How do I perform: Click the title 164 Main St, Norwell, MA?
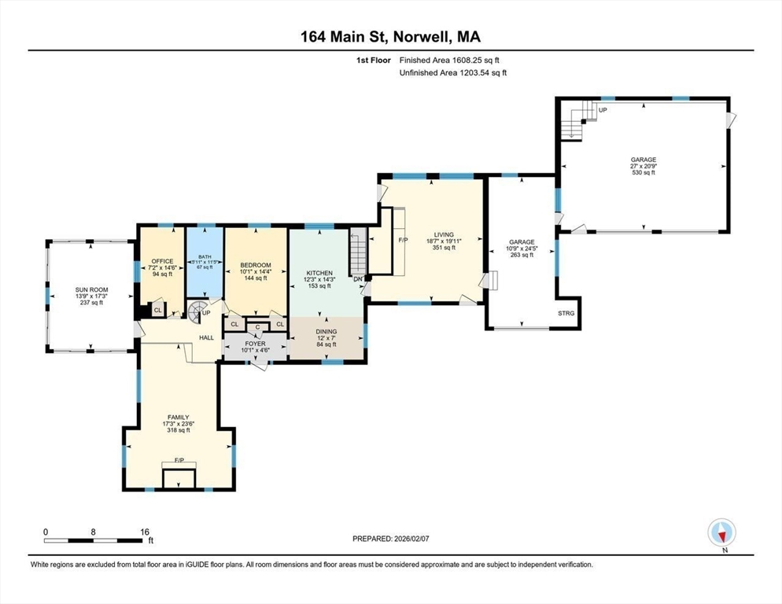point(391,36)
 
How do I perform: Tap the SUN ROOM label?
point(91,290)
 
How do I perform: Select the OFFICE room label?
point(161,261)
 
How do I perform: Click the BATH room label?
point(205,256)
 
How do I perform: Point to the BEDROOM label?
point(256,265)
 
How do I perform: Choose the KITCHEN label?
point(319,273)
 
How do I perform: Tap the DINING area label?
point(326,333)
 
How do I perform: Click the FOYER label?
point(256,343)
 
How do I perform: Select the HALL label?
point(206,337)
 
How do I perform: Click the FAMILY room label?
point(178,418)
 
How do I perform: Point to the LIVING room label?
point(444,234)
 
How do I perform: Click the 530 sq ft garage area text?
point(642,173)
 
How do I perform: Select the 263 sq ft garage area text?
point(522,255)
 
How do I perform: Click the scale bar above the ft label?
point(94,540)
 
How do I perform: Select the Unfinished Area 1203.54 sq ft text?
point(453,72)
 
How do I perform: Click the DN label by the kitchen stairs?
point(358,279)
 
